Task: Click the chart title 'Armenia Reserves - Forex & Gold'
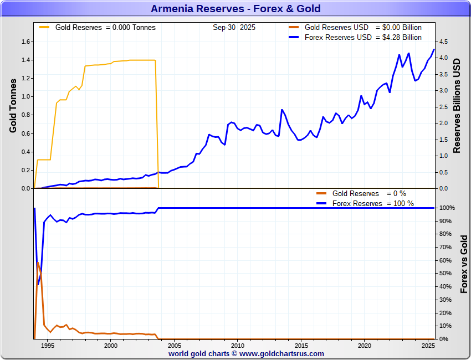click(235, 9)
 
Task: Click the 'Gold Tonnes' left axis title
click(13, 105)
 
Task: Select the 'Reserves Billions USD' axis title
click(457, 105)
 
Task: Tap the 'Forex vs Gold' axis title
click(464, 264)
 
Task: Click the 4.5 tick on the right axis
click(444, 42)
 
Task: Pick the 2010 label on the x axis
click(237, 346)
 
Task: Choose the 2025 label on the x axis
click(427, 346)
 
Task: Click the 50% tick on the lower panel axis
click(447, 274)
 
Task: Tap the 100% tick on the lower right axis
click(448, 208)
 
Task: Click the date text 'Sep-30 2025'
click(234, 27)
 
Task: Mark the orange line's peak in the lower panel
click(38, 262)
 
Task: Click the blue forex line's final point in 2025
click(434, 49)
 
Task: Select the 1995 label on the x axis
click(47, 346)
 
